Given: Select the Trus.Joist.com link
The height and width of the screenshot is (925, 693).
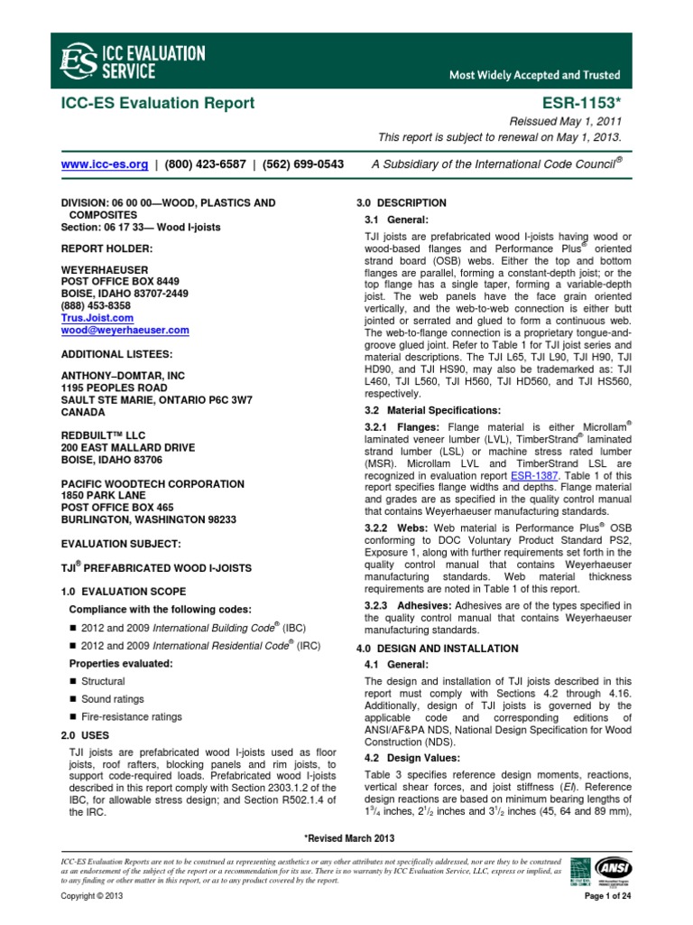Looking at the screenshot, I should point(97,318).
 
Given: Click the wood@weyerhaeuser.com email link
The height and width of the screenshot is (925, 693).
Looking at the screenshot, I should point(125,331).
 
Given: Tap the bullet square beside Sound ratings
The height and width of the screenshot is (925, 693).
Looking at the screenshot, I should point(72,699).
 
